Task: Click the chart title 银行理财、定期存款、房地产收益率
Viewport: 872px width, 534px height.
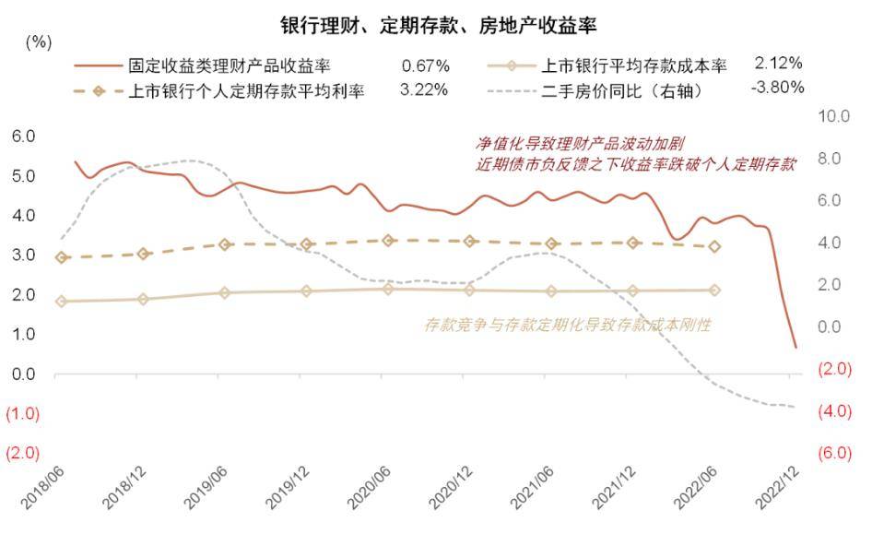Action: coord(437,22)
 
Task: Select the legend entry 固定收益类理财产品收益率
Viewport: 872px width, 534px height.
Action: coord(230,65)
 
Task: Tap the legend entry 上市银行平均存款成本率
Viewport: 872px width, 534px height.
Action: coord(632,65)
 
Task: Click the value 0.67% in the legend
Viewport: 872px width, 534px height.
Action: coord(425,65)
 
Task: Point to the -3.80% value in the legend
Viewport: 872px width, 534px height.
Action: coord(778,89)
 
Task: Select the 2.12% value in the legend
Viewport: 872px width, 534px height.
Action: coord(778,65)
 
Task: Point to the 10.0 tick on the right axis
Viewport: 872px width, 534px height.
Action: coord(831,116)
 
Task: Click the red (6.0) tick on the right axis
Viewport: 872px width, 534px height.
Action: coord(831,454)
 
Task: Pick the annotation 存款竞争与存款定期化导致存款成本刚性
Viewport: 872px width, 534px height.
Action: coord(568,325)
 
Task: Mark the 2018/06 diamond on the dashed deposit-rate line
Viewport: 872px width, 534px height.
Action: coord(62,257)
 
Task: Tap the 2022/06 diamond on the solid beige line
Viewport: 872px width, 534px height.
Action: coord(714,290)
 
